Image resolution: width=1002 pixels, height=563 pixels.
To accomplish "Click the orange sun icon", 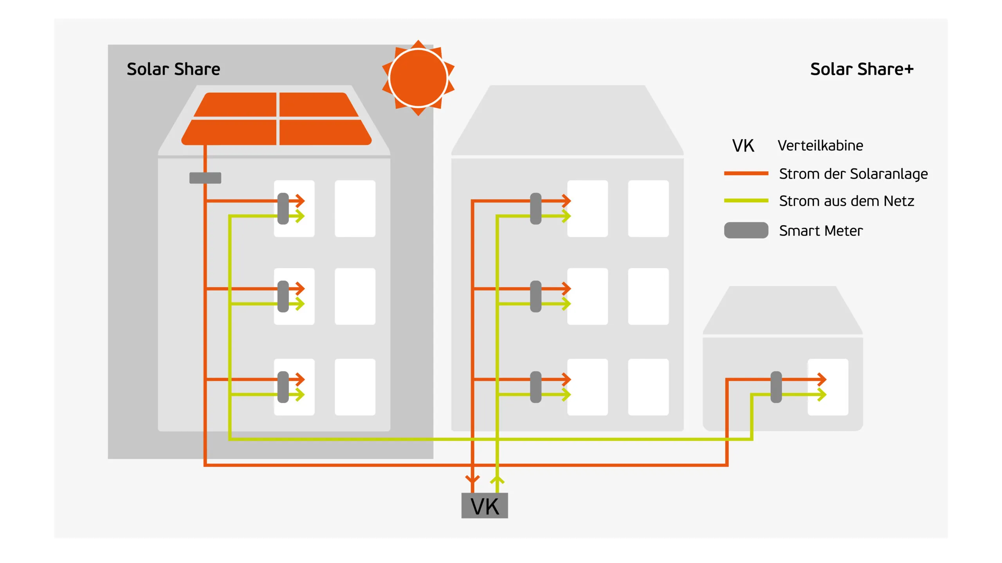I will point(418,78).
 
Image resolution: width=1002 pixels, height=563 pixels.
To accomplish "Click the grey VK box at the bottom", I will point(485,506).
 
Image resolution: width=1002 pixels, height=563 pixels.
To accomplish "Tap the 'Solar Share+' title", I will point(861,69).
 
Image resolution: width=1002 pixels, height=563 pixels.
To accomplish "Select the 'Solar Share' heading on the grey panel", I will point(173,69).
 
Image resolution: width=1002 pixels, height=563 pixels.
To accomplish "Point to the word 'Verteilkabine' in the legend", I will point(820,145).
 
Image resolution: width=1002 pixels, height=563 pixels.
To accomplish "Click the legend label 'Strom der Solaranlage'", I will point(853,174).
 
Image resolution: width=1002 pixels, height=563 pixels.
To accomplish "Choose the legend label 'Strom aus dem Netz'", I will point(846,201).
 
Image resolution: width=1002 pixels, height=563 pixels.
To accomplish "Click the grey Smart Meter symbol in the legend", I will point(746,230).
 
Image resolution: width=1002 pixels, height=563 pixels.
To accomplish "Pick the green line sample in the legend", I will point(746,201).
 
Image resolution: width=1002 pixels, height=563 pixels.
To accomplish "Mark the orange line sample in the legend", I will point(746,173).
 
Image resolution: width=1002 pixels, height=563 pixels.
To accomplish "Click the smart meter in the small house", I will point(776,387).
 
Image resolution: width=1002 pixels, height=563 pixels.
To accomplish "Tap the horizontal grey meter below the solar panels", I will point(205,178).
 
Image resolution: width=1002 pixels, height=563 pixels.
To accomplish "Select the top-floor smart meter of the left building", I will point(283,208).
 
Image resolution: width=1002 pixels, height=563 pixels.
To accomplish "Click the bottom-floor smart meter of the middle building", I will point(535,387).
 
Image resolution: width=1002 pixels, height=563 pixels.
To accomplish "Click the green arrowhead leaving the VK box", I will point(497,479).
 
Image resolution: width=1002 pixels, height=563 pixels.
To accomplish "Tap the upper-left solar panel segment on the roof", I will point(238,104).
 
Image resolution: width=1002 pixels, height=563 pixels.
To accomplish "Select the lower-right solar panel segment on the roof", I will point(323,132).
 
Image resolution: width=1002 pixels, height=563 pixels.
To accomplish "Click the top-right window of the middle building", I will point(648,208).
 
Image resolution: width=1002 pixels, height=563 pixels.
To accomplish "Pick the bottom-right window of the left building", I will point(355,387).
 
